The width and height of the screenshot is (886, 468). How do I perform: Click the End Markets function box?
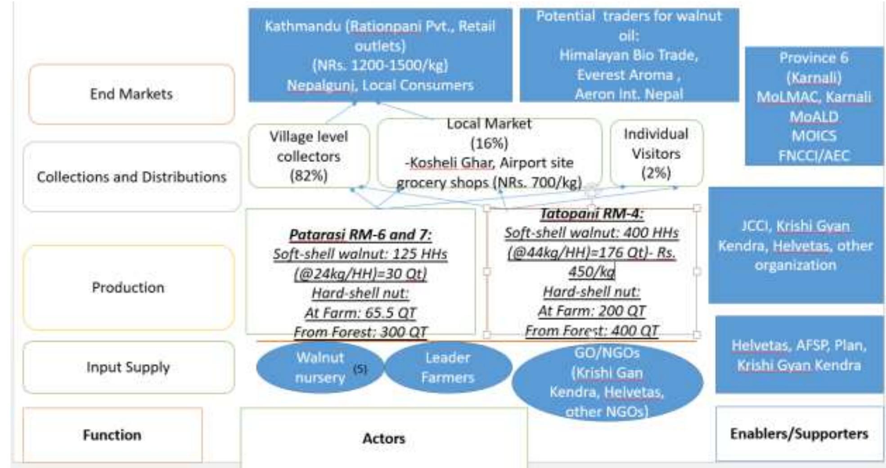coord(131,94)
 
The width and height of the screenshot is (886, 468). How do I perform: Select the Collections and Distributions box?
coord(131,177)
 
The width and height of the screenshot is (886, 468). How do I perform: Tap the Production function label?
coord(128,287)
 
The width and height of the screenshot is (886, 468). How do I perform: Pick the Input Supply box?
coord(128,367)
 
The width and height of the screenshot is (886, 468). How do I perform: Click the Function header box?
coord(112,435)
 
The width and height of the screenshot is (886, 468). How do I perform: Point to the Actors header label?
coord(383,438)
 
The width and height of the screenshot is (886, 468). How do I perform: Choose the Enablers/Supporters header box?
coord(799,433)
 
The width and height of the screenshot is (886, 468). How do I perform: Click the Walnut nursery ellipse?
coord(319,367)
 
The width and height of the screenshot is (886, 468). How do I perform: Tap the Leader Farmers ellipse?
coord(448,367)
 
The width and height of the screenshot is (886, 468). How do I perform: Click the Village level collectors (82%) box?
coord(309,156)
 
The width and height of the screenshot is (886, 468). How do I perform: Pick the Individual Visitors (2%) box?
coord(656,153)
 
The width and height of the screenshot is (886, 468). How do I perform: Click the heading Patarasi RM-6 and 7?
coord(360,234)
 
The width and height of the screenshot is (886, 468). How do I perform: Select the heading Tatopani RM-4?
coord(591,213)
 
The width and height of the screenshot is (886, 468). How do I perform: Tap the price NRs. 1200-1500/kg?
coord(380,66)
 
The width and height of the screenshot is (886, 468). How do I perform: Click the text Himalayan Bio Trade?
coord(629,55)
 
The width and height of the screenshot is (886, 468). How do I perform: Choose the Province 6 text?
coord(814,58)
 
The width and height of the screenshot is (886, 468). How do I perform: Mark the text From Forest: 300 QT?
coord(360,332)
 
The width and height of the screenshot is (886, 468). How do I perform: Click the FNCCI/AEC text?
coord(814,156)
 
